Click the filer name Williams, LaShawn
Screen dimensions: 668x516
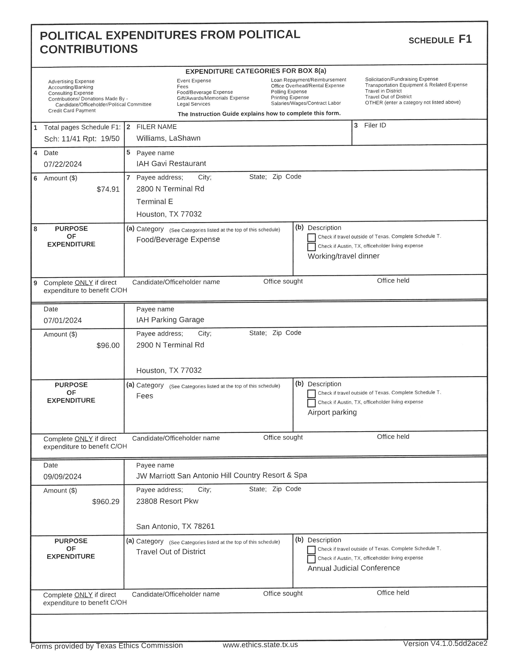coord(168,138)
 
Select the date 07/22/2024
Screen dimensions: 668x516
coord(63,164)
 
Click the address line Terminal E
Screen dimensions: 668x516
coord(155,202)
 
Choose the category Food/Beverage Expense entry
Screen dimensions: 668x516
coord(178,239)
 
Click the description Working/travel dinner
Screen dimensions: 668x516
coord(343,256)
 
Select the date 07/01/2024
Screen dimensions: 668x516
coord(63,321)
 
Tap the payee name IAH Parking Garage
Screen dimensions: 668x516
coord(170,320)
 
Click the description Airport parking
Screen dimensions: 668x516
coord(332,412)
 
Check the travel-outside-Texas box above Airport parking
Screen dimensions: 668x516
coord(311,394)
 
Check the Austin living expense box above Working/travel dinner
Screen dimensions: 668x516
coord(311,247)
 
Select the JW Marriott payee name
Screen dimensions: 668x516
coord(222,475)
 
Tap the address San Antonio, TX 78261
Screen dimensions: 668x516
coord(175,526)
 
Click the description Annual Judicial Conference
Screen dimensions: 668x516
coord(354,568)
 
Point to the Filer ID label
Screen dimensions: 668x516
coord(375,126)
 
